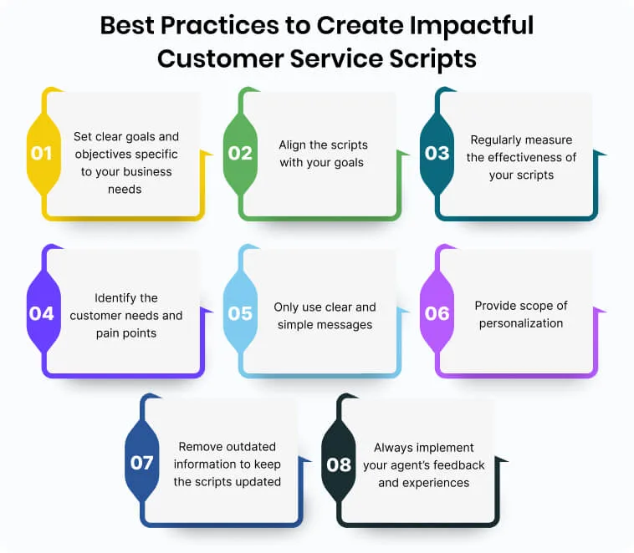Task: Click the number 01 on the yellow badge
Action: pos(42,153)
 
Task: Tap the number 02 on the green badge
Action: pos(240,153)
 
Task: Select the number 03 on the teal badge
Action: pos(437,153)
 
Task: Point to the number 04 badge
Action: pos(42,313)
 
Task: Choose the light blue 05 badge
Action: pos(240,313)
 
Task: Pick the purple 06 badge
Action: pos(437,313)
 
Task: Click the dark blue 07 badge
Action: pos(141,463)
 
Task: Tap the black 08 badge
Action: pos(339,463)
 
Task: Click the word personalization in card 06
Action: pos(521,323)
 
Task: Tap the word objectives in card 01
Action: pos(102,154)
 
